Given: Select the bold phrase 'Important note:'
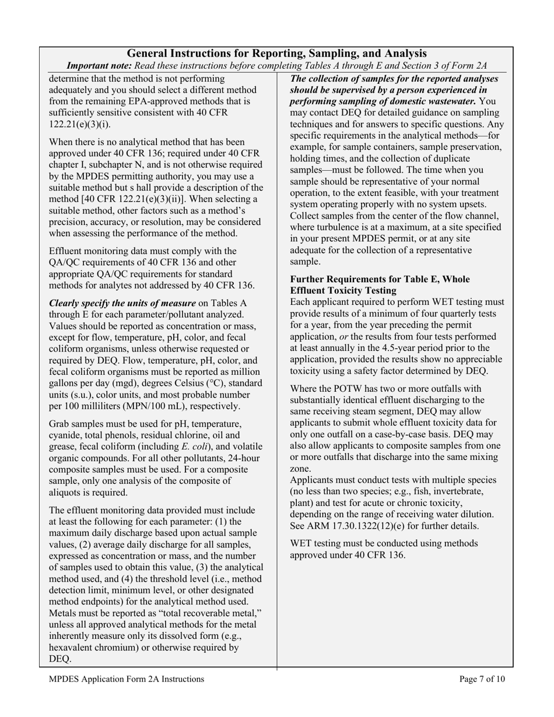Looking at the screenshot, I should pyautogui.click(x=99, y=66).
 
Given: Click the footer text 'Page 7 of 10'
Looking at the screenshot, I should pyautogui.click(x=482, y=679).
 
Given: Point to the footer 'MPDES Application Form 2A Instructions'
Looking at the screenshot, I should pyautogui.click(x=127, y=679).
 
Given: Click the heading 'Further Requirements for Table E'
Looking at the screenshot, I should pyautogui.click(x=380, y=279).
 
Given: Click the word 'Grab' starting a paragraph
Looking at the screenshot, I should pyautogui.click(x=60, y=424).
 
